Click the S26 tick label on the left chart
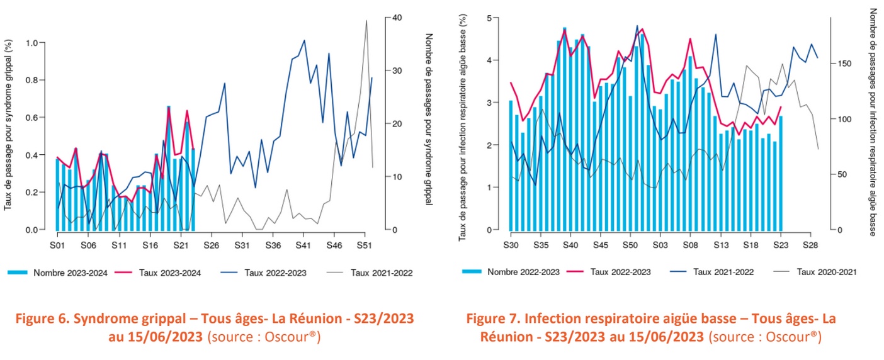(x=211, y=245)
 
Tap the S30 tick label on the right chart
(x=511, y=245)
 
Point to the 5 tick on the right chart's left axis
(x=496, y=18)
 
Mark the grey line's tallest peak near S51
(x=366, y=21)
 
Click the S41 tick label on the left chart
(x=303, y=245)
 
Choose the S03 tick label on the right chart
(x=660, y=245)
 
